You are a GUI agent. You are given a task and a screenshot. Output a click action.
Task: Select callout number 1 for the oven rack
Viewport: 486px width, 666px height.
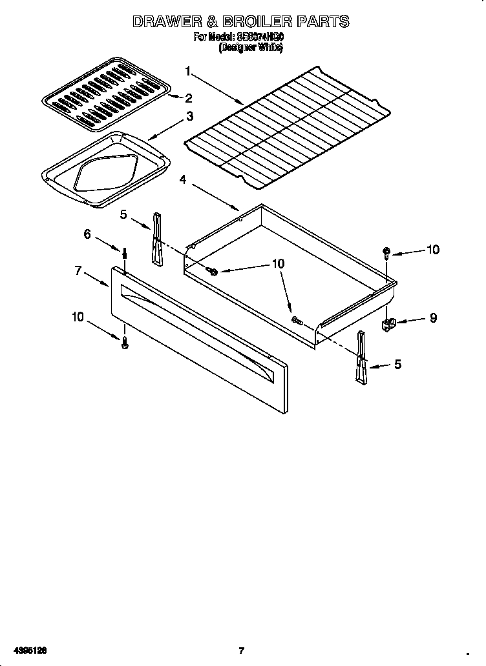click(x=188, y=71)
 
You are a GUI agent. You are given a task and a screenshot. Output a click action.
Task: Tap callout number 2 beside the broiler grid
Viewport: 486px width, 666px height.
click(x=189, y=98)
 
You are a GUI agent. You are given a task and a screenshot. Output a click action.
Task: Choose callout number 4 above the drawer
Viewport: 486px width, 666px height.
click(x=184, y=181)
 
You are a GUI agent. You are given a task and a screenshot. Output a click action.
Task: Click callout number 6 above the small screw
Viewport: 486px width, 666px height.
click(x=88, y=234)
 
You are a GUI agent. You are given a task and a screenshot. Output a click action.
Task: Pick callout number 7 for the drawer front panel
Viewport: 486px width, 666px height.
click(x=78, y=271)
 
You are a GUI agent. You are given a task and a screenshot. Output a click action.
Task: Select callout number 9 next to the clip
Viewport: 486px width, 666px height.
click(x=432, y=318)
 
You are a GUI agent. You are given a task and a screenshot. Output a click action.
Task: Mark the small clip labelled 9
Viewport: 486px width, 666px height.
click(x=390, y=323)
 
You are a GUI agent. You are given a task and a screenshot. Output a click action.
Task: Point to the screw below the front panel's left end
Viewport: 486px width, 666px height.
click(x=125, y=344)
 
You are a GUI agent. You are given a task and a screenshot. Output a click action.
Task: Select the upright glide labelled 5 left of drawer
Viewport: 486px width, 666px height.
click(x=156, y=239)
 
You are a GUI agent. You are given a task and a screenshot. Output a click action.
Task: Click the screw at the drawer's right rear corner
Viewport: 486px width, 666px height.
click(x=386, y=252)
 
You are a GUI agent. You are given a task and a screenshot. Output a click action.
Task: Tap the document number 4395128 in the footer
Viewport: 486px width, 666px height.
click(x=28, y=651)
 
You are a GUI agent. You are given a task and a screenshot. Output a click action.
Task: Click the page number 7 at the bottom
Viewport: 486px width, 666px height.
click(x=241, y=651)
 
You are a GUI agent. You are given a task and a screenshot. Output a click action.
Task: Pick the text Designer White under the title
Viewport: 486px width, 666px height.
click(x=251, y=48)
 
